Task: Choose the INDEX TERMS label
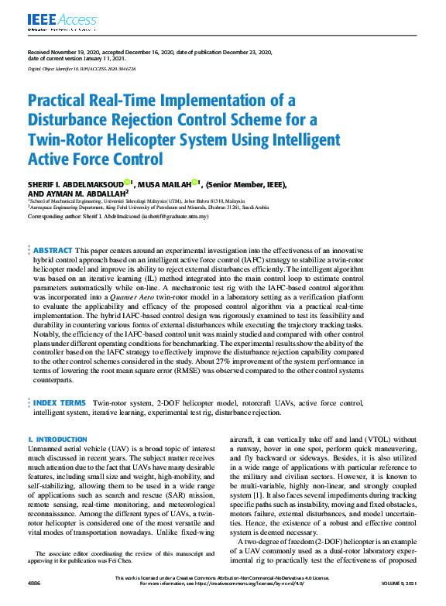tap(59, 403)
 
